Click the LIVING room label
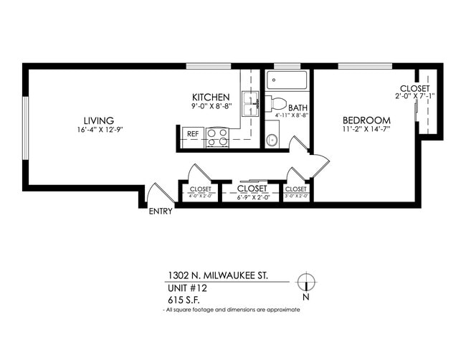click(98, 120)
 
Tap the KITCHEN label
click(210, 98)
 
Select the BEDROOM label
click(366, 120)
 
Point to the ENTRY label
click(160, 212)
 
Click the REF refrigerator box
click(192, 133)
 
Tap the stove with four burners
click(217, 136)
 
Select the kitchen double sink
click(249, 105)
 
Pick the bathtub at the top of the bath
click(287, 80)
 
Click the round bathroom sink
click(272, 139)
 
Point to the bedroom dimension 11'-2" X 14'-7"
click(366, 130)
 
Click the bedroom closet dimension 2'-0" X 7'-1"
click(415, 95)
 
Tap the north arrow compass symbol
click(306, 283)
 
